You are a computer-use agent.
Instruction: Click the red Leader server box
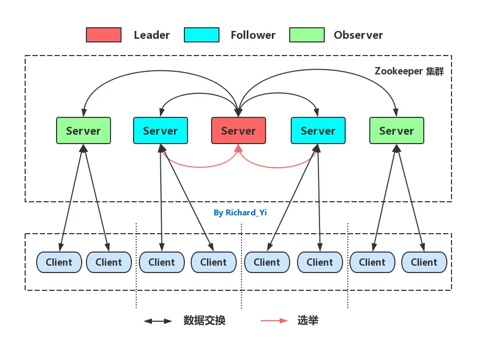tap(238, 130)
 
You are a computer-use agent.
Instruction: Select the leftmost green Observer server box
tap(83, 130)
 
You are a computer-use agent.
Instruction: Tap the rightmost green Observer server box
tap(397, 130)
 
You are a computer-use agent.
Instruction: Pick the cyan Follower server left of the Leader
tap(160, 130)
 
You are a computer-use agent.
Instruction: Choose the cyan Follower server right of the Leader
tap(318, 130)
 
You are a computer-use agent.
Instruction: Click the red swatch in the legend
tap(104, 35)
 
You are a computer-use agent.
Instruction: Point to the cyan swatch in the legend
tap(202, 35)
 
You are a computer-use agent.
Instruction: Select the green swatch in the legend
tap(307, 35)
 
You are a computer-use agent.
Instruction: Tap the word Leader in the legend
tap(152, 35)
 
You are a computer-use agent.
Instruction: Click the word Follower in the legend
tap(253, 35)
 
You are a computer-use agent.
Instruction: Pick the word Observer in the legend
tap(358, 35)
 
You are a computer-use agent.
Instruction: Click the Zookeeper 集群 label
tap(409, 71)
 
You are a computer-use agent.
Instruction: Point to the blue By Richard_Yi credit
tap(240, 213)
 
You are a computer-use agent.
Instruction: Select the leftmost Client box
tap(59, 262)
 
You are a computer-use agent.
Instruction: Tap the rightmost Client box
tap(424, 262)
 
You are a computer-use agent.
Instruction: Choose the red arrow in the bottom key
tap(274, 321)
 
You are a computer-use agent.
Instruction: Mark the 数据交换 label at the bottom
tap(204, 321)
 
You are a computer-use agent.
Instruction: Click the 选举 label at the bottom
tap(308, 321)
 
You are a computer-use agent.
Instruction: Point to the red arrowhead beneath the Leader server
tap(238, 148)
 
